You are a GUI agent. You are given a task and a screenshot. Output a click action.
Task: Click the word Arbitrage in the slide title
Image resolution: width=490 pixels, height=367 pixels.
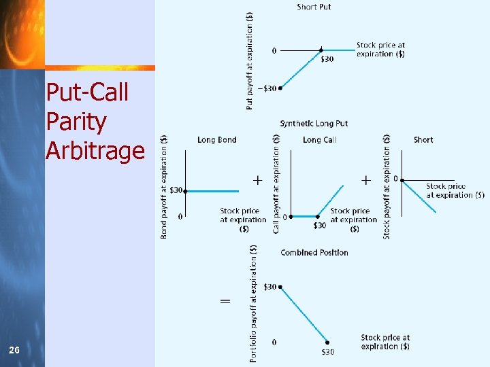[95, 150]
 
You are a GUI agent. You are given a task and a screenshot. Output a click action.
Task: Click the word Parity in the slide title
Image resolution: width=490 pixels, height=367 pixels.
[76, 122]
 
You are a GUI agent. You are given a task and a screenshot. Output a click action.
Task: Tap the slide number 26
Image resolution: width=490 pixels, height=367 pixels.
[14, 350]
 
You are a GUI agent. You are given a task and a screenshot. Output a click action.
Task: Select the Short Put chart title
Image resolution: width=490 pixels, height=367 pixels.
[314, 7]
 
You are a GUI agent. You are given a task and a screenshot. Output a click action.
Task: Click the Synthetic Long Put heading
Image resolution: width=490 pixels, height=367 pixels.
[314, 124]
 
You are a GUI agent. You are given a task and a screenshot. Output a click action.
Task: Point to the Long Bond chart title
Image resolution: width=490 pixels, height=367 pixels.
[217, 140]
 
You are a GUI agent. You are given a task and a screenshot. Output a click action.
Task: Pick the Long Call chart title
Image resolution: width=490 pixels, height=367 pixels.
[320, 140]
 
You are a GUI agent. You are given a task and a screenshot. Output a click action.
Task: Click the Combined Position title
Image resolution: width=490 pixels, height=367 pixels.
[314, 253]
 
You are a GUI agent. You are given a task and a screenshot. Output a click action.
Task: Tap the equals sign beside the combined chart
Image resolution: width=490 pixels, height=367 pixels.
[225, 301]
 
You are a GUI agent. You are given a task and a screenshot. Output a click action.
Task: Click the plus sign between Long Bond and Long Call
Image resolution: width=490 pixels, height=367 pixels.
[258, 181]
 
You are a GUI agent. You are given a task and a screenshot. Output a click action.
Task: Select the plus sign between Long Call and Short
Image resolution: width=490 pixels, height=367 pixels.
[365, 181]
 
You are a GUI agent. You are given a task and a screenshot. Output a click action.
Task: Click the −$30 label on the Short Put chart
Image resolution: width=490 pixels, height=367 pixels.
[265, 88]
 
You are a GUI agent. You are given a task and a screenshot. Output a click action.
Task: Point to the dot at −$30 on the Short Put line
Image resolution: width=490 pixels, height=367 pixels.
[280, 88]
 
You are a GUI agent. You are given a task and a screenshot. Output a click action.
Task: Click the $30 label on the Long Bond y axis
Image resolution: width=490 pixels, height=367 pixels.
[176, 190]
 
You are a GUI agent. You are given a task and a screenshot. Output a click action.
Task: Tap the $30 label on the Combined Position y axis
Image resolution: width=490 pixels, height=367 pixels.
[269, 287]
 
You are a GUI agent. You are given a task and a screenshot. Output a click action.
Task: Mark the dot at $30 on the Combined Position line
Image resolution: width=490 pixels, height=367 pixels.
[280, 287]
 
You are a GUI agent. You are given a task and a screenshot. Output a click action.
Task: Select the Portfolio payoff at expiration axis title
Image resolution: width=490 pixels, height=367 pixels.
[253, 302]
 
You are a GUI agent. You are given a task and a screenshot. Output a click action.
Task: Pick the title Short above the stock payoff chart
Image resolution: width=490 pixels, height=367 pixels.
[423, 140]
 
